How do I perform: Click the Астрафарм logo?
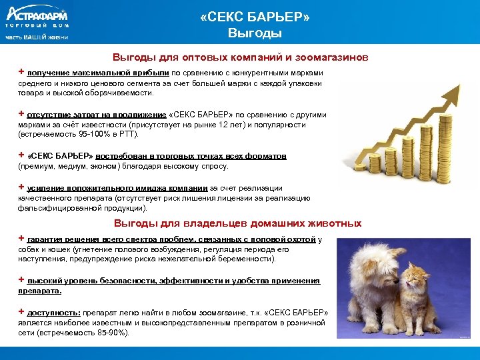tap(37, 15)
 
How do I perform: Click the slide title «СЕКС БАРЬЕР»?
tap(255, 17)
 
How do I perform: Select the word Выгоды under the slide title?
tap(255, 33)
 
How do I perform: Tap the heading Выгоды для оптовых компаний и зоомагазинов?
tap(240, 58)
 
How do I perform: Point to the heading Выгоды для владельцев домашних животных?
tap(237, 223)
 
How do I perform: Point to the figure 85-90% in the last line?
tap(115, 333)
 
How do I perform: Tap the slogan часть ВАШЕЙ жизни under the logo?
tap(37, 37)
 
